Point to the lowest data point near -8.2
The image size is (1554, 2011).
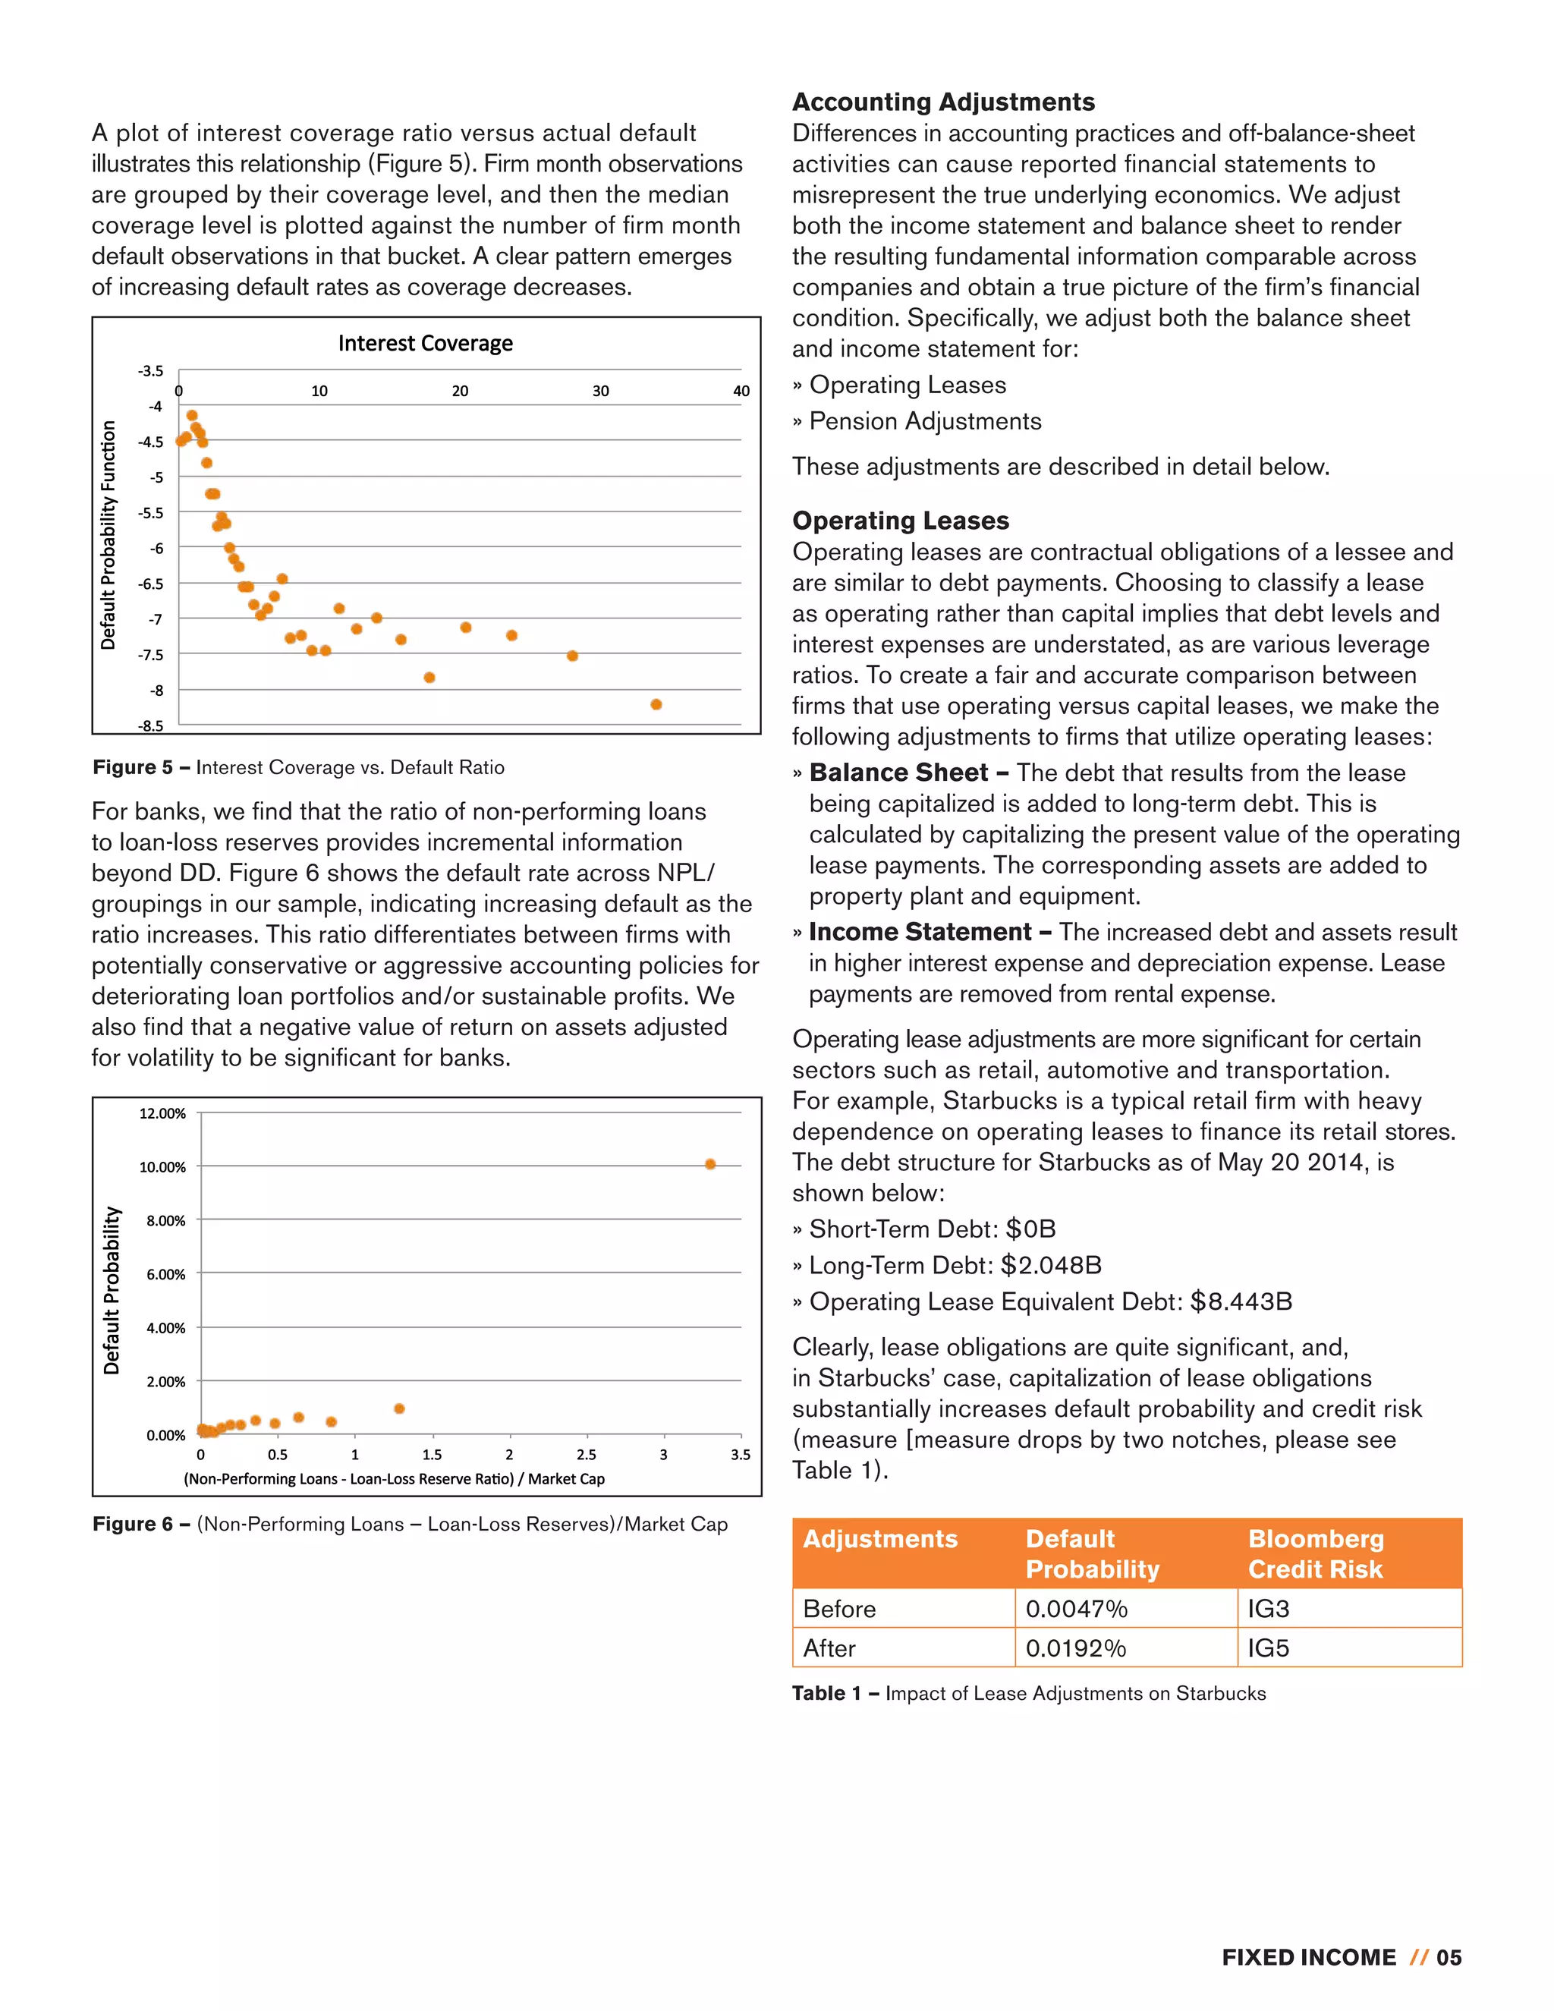point(656,704)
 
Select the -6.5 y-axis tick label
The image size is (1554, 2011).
point(150,584)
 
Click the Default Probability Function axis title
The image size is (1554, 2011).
point(109,535)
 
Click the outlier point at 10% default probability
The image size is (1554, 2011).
point(709,1164)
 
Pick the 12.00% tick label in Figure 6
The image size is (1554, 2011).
point(162,1113)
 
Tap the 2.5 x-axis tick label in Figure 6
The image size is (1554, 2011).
point(586,1455)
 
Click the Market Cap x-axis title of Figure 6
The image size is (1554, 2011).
point(394,1479)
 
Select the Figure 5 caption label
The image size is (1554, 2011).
point(134,767)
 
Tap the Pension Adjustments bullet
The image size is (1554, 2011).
point(924,421)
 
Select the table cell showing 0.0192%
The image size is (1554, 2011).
point(1075,1648)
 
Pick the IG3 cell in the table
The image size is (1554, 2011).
point(1268,1609)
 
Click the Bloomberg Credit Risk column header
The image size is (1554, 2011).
point(1315,1553)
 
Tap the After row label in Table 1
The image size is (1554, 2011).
point(829,1648)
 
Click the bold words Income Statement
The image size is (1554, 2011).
point(919,932)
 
